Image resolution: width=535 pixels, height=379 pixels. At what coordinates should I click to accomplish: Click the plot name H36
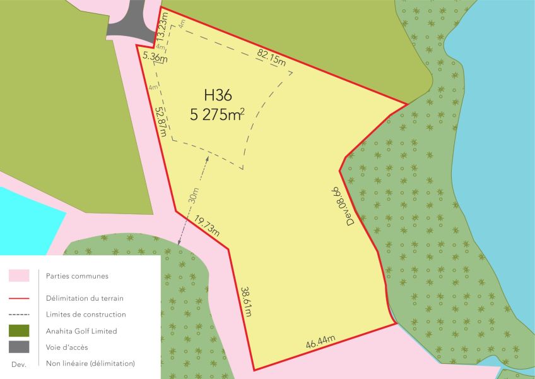coord(218,95)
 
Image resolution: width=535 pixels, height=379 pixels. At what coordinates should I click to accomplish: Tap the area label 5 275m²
coord(217,115)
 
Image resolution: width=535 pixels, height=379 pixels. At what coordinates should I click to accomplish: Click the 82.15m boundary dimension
coord(272,57)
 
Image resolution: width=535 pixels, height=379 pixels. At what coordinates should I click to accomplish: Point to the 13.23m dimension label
coord(162,28)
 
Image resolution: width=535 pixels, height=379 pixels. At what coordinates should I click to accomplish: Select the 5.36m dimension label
coord(155,57)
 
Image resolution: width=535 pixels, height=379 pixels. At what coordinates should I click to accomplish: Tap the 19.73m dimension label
coord(207,226)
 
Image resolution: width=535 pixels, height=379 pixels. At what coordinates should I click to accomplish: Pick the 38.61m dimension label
coord(246,301)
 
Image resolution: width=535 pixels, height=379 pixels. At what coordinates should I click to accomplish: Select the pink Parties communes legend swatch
coord(19,275)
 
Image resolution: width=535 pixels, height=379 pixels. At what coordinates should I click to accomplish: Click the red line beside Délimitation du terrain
coord(19,298)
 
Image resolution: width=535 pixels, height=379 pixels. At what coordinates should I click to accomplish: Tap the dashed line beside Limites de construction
coord(19,314)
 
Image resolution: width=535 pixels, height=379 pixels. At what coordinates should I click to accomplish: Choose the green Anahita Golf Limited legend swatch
coord(19,330)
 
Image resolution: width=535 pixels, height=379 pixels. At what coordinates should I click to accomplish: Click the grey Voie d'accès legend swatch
coord(19,347)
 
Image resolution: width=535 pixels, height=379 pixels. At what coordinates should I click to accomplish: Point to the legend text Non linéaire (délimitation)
coord(90,363)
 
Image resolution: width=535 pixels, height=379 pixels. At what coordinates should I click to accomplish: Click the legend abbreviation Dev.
coord(18,364)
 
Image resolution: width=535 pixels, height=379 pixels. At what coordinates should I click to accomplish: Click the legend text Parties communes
coord(77,275)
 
